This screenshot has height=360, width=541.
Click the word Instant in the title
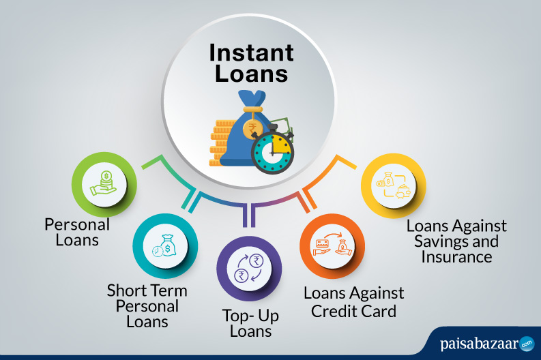[251, 52]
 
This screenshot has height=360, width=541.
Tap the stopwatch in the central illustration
[273, 149]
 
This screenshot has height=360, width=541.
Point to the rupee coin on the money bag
[252, 129]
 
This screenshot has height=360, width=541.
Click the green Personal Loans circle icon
[104, 185]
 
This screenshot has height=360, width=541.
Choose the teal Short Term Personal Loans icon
[165, 246]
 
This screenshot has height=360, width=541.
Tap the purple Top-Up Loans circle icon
[249, 268]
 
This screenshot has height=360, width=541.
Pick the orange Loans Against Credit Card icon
[332, 246]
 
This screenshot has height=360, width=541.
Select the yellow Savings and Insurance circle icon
[394, 185]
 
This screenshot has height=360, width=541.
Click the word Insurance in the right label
[456, 257]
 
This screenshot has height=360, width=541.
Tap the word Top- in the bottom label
[237, 316]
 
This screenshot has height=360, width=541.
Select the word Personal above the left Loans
[77, 224]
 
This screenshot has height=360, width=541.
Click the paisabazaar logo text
[479, 344]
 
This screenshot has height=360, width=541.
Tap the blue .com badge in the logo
[527, 344]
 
